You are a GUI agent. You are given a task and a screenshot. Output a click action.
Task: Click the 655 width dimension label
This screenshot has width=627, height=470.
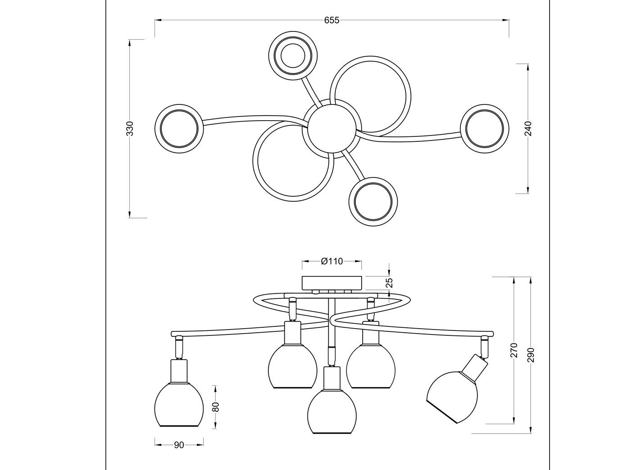(332, 20)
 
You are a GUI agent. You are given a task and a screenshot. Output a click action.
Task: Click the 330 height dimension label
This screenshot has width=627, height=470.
(130, 129)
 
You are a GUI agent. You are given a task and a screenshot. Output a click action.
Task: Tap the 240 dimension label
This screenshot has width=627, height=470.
(528, 129)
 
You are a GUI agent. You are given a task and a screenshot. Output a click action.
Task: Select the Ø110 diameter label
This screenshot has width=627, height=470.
(332, 261)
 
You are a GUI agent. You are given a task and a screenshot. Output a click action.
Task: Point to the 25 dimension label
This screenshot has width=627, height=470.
(389, 283)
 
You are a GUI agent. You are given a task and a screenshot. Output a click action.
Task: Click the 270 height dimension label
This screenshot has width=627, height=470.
(514, 350)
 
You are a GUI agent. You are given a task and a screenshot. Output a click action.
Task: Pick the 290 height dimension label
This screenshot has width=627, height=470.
(531, 355)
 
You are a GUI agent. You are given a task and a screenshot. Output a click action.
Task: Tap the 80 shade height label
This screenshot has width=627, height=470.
(216, 407)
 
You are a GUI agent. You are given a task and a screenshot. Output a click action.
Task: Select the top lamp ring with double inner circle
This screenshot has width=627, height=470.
(293, 56)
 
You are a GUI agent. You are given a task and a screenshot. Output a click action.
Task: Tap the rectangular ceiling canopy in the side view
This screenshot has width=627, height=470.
(332, 283)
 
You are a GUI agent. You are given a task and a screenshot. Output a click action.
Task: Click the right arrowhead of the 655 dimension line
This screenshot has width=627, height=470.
(505, 20)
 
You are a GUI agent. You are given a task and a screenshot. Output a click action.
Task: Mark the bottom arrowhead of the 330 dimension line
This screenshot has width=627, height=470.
(130, 214)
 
